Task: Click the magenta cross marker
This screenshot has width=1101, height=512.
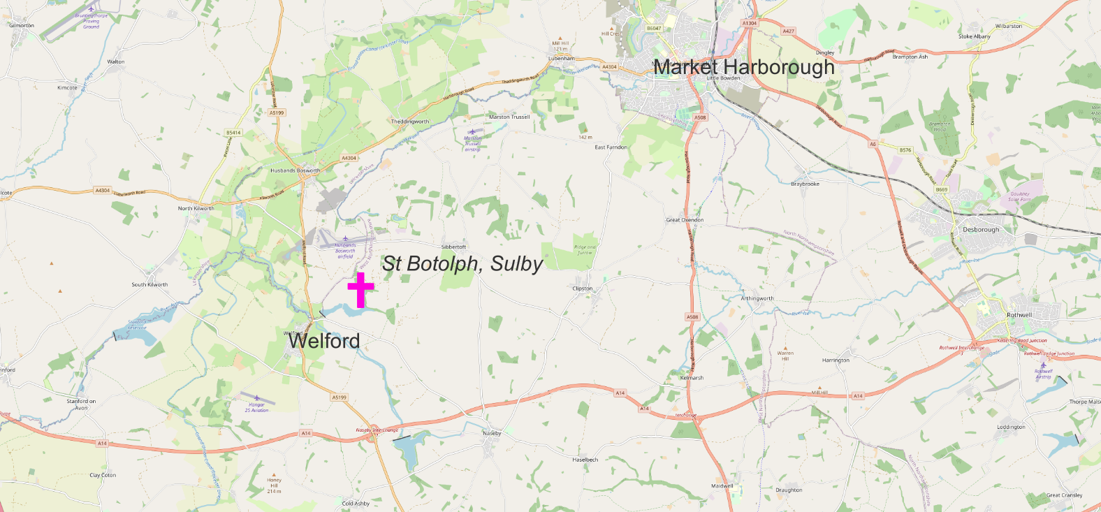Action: click(360, 289)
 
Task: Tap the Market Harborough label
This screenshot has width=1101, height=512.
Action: click(744, 67)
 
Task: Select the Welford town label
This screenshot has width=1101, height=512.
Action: click(325, 341)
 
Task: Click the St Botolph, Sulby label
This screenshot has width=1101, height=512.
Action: click(462, 263)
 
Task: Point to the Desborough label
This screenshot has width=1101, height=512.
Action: click(981, 230)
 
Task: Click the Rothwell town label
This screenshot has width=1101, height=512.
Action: click(1019, 315)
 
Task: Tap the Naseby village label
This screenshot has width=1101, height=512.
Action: click(492, 433)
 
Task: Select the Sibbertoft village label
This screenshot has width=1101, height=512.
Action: click(453, 247)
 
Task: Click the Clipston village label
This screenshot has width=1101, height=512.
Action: click(583, 288)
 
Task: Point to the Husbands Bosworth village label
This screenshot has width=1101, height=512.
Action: click(296, 170)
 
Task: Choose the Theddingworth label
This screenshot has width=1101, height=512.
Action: click(410, 122)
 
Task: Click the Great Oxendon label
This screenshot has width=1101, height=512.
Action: click(685, 220)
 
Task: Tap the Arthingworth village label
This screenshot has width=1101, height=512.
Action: click(757, 298)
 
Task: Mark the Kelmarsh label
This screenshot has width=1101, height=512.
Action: click(692, 378)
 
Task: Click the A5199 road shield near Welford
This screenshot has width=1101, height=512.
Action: click(339, 397)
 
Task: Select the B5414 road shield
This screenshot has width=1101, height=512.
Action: click(233, 133)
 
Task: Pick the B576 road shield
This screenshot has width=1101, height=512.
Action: click(905, 150)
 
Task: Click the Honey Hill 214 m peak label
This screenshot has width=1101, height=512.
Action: click(274, 485)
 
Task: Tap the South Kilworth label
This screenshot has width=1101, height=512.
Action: click(150, 285)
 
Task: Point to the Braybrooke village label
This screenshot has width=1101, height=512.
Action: click(805, 184)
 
